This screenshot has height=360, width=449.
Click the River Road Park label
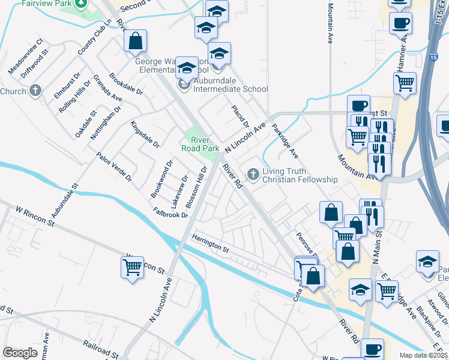(x=200, y=143)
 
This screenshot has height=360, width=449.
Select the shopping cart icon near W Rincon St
(x=132, y=266)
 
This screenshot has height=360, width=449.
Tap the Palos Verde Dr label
(x=114, y=166)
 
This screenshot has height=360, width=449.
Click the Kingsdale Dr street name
(x=145, y=134)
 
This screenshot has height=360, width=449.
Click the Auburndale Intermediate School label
(x=229, y=89)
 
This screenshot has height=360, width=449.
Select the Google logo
(x=20, y=353)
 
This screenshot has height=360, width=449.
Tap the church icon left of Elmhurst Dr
(x=35, y=91)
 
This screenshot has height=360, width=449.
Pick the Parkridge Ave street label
(x=285, y=140)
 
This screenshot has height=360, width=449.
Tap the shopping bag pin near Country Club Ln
(x=136, y=41)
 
